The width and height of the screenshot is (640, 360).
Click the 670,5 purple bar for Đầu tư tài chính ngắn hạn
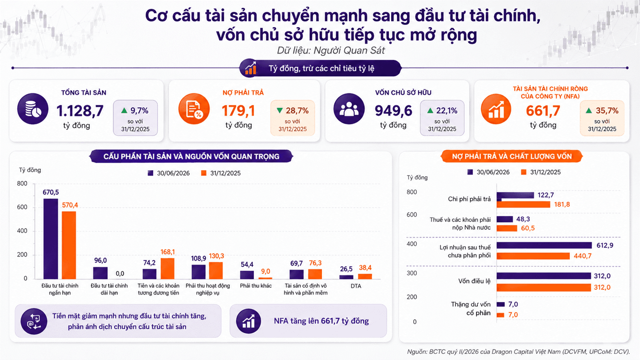point(51,239)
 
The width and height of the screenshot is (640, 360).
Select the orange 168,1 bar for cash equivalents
point(167,269)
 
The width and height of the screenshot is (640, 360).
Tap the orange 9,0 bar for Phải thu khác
point(266,278)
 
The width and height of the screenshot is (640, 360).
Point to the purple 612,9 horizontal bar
point(544,245)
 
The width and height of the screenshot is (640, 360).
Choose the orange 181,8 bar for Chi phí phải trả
point(523,204)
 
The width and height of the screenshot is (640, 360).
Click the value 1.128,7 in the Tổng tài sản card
point(80,111)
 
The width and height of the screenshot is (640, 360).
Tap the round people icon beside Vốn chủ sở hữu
point(349,109)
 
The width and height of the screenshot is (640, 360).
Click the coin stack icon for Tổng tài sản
point(33,109)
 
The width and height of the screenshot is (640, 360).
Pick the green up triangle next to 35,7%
point(588,110)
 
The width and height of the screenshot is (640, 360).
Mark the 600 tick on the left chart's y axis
point(22,207)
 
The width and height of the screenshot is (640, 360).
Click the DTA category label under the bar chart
point(356,286)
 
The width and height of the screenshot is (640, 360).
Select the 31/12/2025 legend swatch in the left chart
point(204,173)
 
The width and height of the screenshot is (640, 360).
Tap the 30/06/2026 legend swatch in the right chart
point(470,172)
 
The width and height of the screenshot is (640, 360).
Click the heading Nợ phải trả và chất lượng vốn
point(512,157)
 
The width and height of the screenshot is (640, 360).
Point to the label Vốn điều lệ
point(474,281)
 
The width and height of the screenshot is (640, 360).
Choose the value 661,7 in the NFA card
point(543,111)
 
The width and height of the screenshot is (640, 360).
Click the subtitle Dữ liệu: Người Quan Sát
point(331,51)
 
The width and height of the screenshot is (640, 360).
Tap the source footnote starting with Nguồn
point(518,352)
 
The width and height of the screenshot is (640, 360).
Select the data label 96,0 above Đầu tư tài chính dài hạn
point(100,260)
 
